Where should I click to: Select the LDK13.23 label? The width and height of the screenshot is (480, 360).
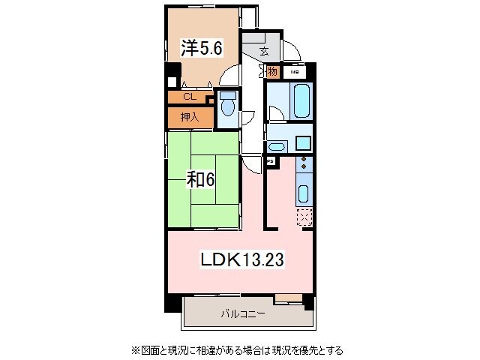241,260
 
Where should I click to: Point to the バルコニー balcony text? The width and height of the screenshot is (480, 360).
242,314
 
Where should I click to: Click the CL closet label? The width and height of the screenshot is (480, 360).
189,97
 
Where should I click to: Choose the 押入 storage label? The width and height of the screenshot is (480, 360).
189,117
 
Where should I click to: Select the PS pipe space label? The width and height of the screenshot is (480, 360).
269,160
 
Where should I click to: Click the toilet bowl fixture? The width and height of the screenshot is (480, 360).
227,106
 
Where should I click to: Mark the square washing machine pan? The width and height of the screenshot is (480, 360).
303,142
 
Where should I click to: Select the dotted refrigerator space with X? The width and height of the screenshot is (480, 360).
304,217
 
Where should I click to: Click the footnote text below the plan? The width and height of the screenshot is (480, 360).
238,349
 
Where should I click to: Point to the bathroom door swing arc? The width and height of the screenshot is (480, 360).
275,114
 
